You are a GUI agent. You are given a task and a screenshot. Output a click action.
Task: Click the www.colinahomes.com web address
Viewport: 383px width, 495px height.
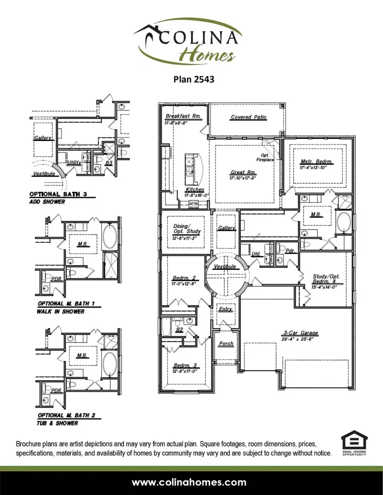[x=189, y=482]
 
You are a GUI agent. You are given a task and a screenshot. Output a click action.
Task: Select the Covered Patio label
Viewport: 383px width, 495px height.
[x=249, y=117]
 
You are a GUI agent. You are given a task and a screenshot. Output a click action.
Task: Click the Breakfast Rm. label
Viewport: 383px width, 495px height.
[x=183, y=116]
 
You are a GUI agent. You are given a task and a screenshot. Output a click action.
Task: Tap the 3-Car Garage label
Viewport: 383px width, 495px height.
[x=301, y=333]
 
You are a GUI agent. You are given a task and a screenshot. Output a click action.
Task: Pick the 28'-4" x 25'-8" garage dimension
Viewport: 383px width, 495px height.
[x=301, y=339]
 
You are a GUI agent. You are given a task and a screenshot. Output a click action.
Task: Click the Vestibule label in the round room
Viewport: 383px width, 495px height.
[x=225, y=266]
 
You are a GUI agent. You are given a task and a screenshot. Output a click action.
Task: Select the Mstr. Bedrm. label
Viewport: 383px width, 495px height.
[x=316, y=161]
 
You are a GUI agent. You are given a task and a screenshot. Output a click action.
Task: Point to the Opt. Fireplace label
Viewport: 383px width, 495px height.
[x=265, y=158]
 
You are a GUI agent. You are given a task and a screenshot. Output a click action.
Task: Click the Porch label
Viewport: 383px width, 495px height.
[x=226, y=343]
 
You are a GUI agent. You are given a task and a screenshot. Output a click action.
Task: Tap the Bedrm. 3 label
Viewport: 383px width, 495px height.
[x=184, y=365]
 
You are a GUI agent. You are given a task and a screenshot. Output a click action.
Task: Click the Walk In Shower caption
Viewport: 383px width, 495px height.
[x=61, y=311]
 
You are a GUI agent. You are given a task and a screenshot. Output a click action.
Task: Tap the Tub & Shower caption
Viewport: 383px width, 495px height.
[x=58, y=423]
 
